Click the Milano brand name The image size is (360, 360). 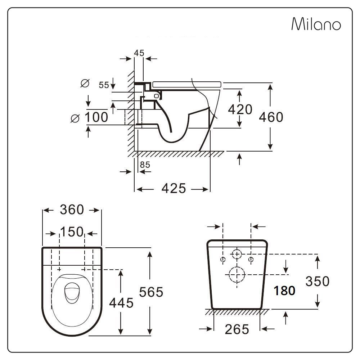coord(316,24)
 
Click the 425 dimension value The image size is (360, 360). coord(174,188)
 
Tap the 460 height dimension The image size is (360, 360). coord(271,117)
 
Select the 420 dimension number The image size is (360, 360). coord(240,109)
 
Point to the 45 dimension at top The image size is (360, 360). coord(139,53)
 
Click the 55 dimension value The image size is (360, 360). coord(104,85)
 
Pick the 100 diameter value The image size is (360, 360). coord(96,117)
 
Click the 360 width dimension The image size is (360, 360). coord(72,210)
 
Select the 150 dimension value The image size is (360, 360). coord(72,232)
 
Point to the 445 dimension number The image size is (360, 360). coord(121,303)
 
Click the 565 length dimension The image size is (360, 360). coord(151,292)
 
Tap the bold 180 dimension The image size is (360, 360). coord(284,291)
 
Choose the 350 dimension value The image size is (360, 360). coord(317,281)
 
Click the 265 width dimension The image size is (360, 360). coord(237,329)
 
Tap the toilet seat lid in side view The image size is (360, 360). coord(186,84)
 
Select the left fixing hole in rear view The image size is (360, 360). coord(223,259)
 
